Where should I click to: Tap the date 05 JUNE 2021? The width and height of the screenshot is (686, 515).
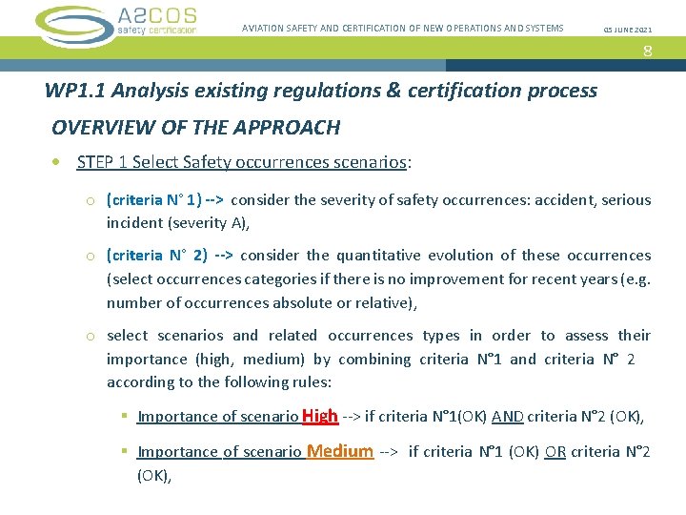[x=629, y=29]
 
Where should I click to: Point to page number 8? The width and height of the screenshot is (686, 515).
[x=648, y=51]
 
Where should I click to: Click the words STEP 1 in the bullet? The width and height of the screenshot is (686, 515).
[x=102, y=162]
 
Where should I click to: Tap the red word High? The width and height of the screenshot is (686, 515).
[x=320, y=416]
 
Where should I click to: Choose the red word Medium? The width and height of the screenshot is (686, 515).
[x=340, y=451]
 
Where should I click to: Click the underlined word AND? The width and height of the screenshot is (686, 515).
[x=507, y=417]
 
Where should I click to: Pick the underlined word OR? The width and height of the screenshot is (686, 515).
[x=555, y=452]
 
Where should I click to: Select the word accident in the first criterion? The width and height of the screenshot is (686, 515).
[x=563, y=200]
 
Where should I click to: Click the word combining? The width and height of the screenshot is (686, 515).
[x=413, y=359]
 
